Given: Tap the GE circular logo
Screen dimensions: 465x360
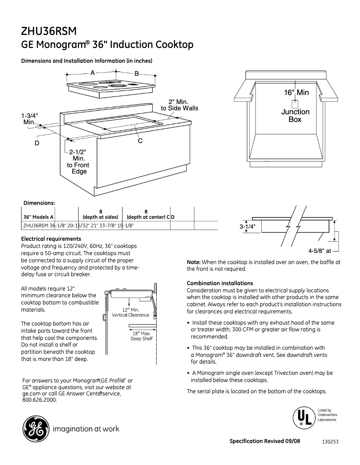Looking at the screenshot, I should (x=35, y=429).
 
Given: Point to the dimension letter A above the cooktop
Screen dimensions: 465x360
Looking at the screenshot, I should (x=92, y=73).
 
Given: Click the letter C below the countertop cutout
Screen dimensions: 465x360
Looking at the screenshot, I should (x=140, y=141).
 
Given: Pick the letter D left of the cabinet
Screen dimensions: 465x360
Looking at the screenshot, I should (x=37, y=143).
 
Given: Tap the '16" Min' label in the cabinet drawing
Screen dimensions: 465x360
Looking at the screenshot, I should (x=296, y=92).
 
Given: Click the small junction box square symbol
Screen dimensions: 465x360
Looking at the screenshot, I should (x=295, y=102).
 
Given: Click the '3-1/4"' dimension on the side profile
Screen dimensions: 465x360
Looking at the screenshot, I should (x=247, y=227).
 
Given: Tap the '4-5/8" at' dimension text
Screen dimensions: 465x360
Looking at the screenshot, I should (x=319, y=251).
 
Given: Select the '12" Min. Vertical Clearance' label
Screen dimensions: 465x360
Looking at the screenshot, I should (x=130, y=313).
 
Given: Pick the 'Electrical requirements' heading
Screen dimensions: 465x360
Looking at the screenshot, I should (x=51, y=239).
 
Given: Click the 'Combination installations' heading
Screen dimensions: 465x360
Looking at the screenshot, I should (x=220, y=283).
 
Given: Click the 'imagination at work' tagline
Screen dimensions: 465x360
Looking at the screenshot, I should (x=86, y=429).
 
